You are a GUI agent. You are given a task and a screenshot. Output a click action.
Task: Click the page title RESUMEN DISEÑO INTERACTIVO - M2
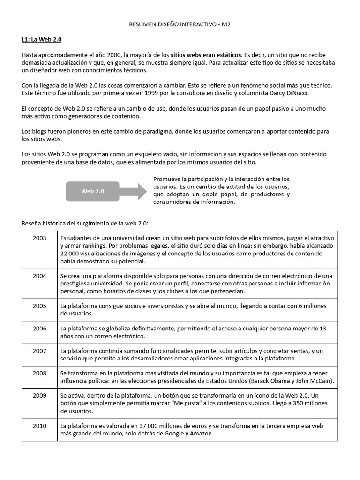click(180, 24)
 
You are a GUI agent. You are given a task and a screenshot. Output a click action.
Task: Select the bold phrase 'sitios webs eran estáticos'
click(206, 55)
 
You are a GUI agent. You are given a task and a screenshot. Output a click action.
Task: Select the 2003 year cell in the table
click(40, 238)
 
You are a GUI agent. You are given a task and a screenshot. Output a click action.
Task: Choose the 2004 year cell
click(40, 276)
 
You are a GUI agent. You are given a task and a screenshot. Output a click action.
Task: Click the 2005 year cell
click(40, 306)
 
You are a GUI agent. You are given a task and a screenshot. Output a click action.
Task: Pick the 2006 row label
click(40, 329)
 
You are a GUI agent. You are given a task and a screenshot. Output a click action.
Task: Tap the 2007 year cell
click(40, 351)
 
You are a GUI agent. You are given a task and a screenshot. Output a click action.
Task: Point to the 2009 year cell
click(40, 395)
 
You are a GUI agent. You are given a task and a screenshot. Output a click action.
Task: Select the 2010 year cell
click(40, 426)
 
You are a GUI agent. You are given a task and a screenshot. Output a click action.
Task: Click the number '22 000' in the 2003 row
click(70, 254)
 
